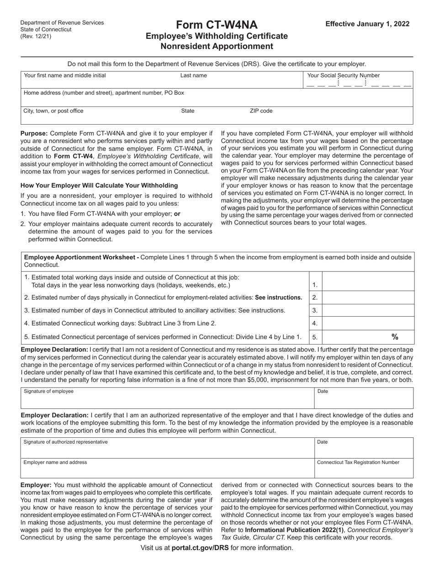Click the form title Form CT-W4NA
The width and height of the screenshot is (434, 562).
[x=217, y=25]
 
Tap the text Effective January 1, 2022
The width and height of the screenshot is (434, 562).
[x=367, y=24]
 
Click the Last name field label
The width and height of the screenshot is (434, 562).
[x=193, y=75]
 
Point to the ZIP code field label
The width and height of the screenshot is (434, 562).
[x=261, y=111]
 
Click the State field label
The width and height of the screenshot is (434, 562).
[x=188, y=111]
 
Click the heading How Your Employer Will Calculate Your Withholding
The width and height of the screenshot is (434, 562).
[x=99, y=185]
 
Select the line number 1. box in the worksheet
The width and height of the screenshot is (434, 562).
[x=315, y=285]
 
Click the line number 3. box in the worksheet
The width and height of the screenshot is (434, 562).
[x=315, y=311]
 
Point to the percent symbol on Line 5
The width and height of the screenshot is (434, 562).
[x=395, y=337]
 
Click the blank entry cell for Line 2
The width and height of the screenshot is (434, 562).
[x=368, y=297]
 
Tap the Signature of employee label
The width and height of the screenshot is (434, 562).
[x=48, y=391]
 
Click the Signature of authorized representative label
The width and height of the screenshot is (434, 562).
[x=66, y=442]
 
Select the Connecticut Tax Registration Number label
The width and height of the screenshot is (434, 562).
[x=358, y=462]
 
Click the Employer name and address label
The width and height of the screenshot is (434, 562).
[x=55, y=462]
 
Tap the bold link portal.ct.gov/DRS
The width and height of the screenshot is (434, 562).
[x=200, y=547]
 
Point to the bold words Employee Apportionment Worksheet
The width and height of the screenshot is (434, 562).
[x=81, y=257]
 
